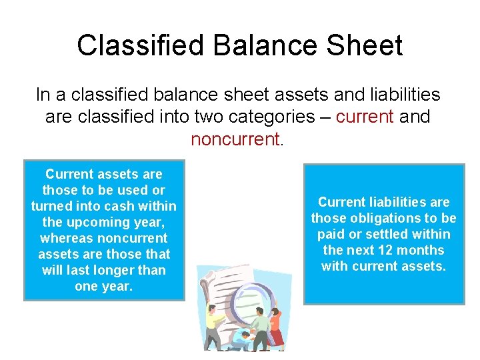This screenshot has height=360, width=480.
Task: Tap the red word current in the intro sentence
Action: coord(365,117)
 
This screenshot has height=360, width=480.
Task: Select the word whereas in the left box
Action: coord(66,238)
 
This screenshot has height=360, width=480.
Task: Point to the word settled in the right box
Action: coord(396,234)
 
